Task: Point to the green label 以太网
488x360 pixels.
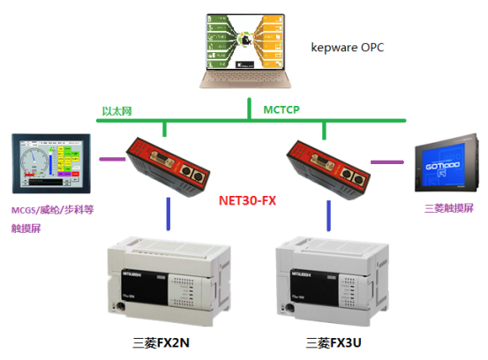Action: click(x=116, y=110)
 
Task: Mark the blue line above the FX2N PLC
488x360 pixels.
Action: click(x=168, y=215)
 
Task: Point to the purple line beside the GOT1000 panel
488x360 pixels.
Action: click(x=386, y=161)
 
